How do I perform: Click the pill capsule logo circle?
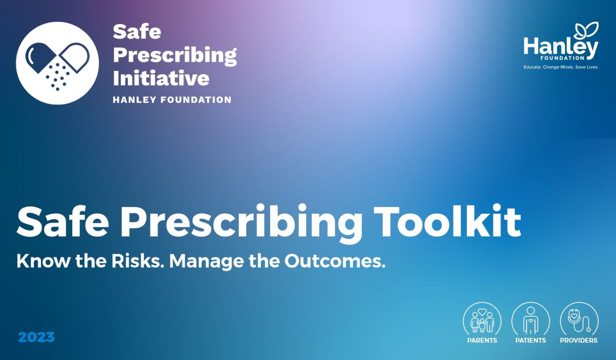57,63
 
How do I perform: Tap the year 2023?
36,337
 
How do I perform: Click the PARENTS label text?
482,340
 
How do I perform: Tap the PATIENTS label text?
531,340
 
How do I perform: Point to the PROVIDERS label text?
579,340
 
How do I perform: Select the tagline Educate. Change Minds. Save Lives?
561,67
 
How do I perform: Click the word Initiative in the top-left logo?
161,78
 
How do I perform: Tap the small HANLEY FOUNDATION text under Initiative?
172,100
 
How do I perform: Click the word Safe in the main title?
63,222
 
